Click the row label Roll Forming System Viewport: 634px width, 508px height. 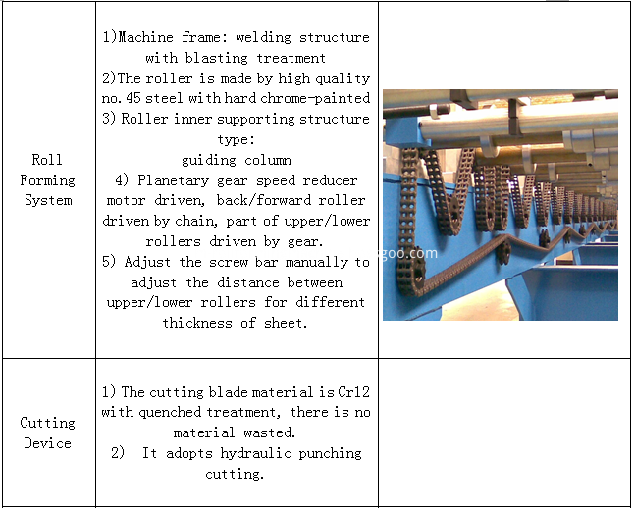(x=47, y=179)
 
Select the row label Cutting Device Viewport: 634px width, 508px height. (x=47, y=432)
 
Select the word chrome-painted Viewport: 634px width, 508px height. (x=324, y=98)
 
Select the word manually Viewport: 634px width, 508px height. (x=318, y=262)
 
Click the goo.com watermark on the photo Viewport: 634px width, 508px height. (x=411, y=252)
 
